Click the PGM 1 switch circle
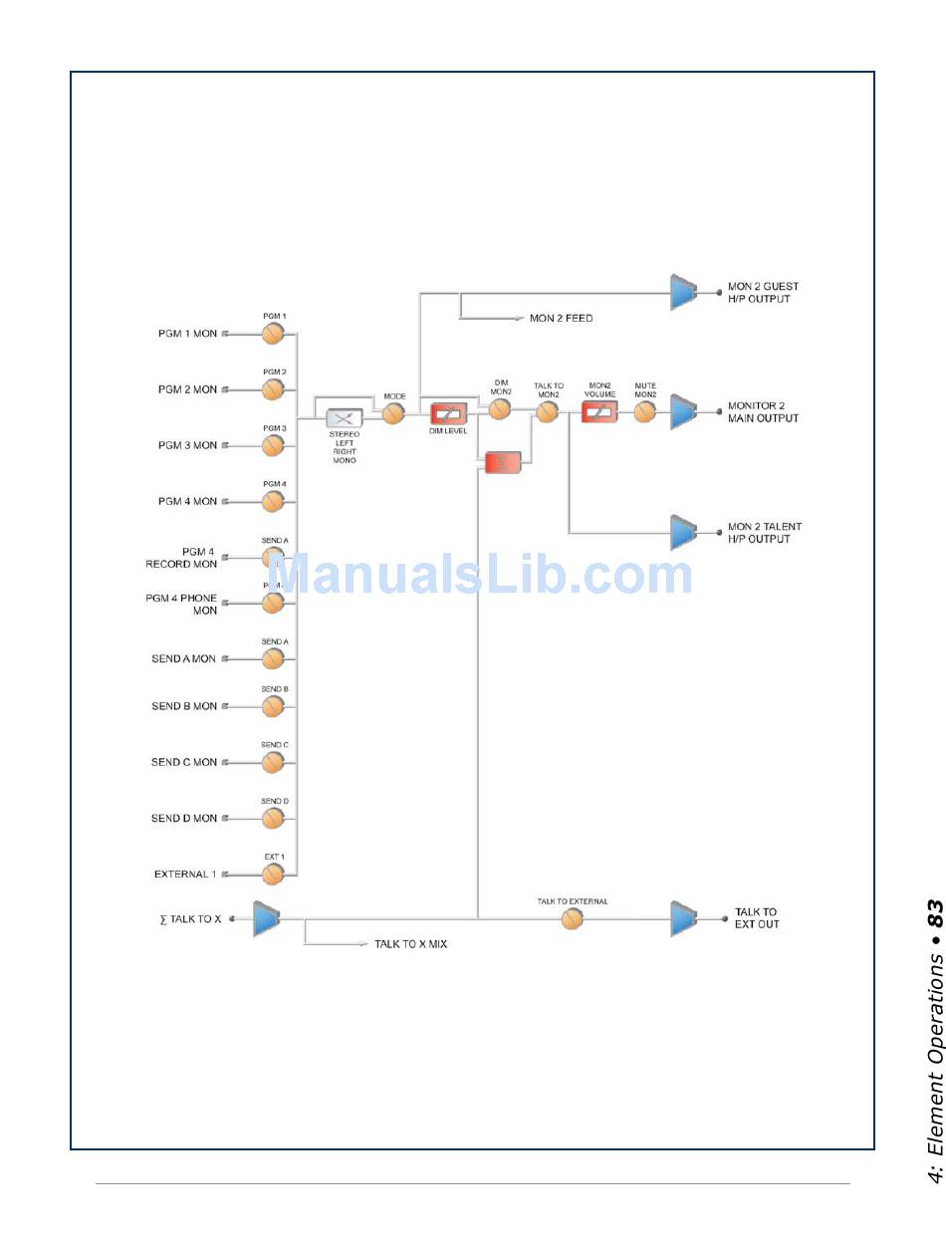pos(273,334)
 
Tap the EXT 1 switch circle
pos(273,874)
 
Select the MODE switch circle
pos(394,413)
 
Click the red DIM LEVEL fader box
pos(448,413)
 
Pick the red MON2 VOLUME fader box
pos(599,410)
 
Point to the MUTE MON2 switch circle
pos(645,410)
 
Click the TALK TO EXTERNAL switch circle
pos(572,918)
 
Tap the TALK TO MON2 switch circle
pos(547,410)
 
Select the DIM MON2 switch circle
pos(500,408)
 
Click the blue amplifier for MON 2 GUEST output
pos(683,292)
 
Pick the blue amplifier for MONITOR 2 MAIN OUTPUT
pos(683,411)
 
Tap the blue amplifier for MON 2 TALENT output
pos(683,532)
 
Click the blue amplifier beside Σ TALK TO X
pos(266,918)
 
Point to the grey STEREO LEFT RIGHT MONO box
pos(345,418)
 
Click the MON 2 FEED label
pos(561,319)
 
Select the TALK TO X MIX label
pos(410,943)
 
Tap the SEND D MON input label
pos(184,818)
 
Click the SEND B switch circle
pos(273,706)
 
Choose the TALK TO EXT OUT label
pos(757,918)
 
